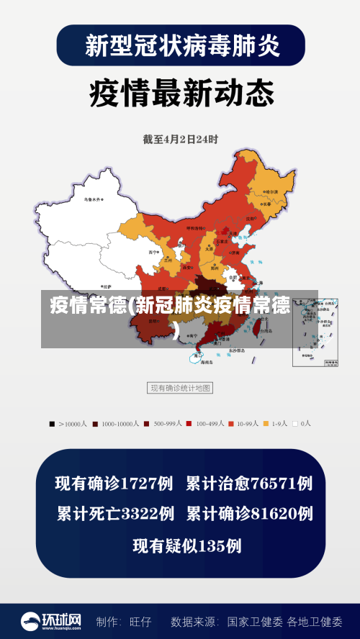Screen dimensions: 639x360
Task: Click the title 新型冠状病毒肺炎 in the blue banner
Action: pos(180,45)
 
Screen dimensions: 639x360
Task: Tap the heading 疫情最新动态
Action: pos(181,94)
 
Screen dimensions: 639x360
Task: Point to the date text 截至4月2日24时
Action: pos(180,139)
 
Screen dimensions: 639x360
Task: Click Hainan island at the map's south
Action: pos(198,355)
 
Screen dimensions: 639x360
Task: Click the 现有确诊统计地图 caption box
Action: pos(180,388)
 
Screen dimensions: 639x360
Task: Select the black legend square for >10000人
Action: pos(52,424)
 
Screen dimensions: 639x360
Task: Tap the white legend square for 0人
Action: pos(294,424)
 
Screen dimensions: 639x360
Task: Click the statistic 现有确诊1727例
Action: pos(114,484)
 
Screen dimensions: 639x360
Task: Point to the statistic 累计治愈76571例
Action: pos(249,484)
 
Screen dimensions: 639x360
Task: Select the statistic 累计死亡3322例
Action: pos(115,514)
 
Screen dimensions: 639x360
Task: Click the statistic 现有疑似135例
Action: pos(186,545)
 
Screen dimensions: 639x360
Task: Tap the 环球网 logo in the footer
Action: pos(50,620)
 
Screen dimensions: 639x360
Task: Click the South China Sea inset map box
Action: pos(315,332)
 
